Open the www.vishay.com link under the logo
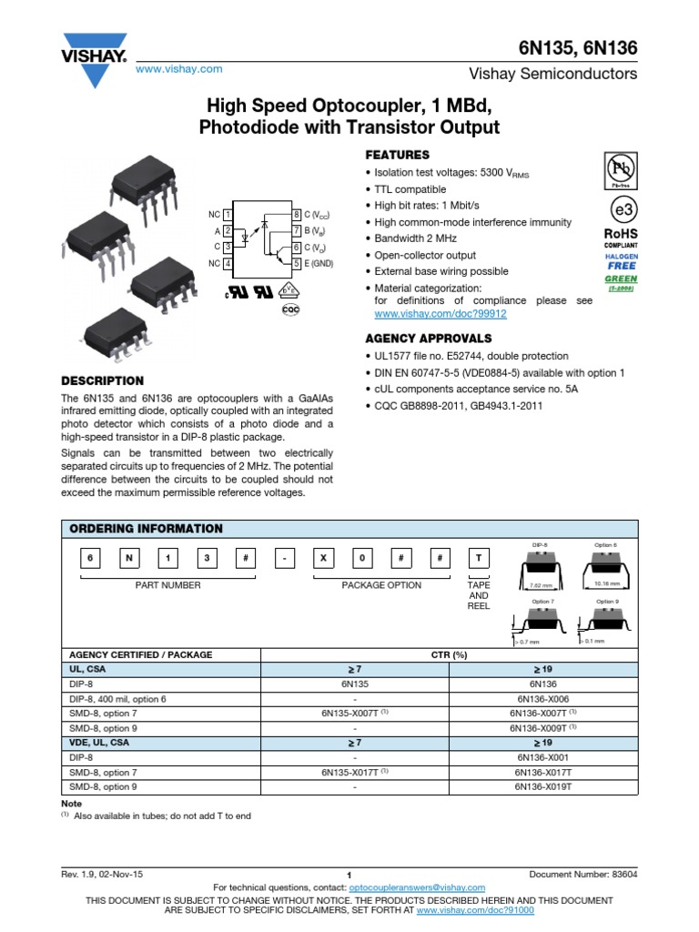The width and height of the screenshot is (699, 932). click(179, 69)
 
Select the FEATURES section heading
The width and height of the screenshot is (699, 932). click(397, 155)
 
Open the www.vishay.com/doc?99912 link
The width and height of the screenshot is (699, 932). click(441, 313)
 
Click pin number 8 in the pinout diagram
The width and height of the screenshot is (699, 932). click(297, 215)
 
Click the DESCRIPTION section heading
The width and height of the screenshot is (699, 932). click(102, 380)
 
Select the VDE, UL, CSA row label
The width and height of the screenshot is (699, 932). click(102, 743)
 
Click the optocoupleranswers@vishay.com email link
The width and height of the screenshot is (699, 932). click(418, 887)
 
